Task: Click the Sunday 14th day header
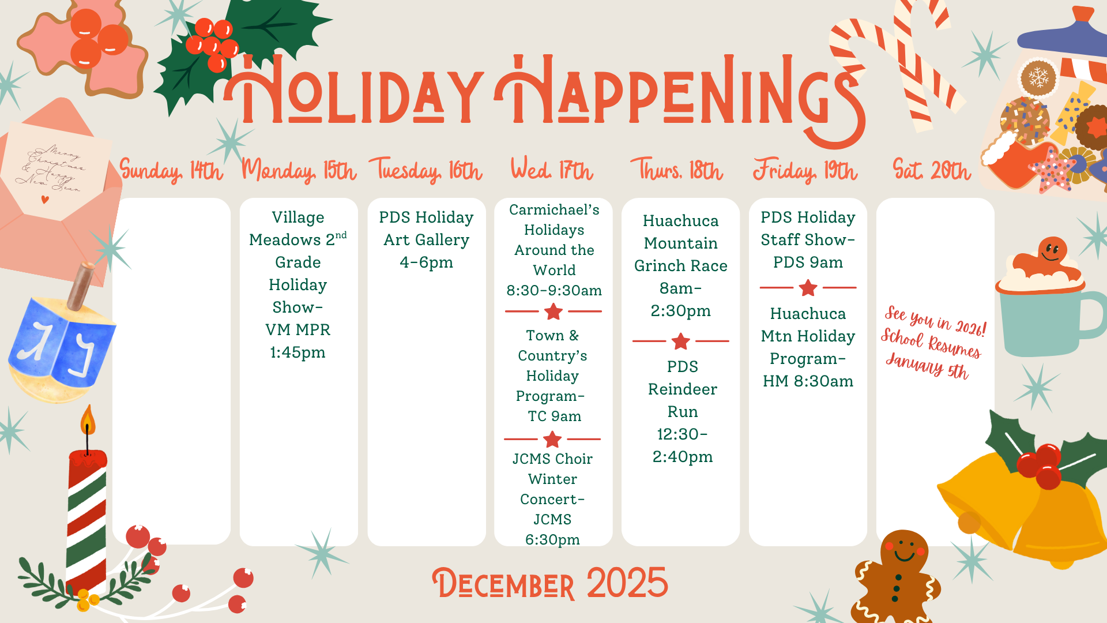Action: [171, 171]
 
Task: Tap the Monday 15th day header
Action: [299, 171]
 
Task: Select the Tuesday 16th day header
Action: [426, 171]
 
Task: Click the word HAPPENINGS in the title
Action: [680, 92]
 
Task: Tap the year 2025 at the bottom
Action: [627, 583]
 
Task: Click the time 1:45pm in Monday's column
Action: [298, 352]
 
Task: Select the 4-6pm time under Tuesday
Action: [426, 262]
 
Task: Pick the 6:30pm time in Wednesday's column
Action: [552, 539]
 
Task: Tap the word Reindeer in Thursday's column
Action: [683, 389]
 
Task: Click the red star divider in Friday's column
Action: [808, 287]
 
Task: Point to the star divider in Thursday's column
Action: [681, 341]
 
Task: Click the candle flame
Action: [88, 420]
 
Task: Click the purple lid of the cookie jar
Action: [1063, 35]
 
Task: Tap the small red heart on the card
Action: [45, 200]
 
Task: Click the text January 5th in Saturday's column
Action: [927, 367]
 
